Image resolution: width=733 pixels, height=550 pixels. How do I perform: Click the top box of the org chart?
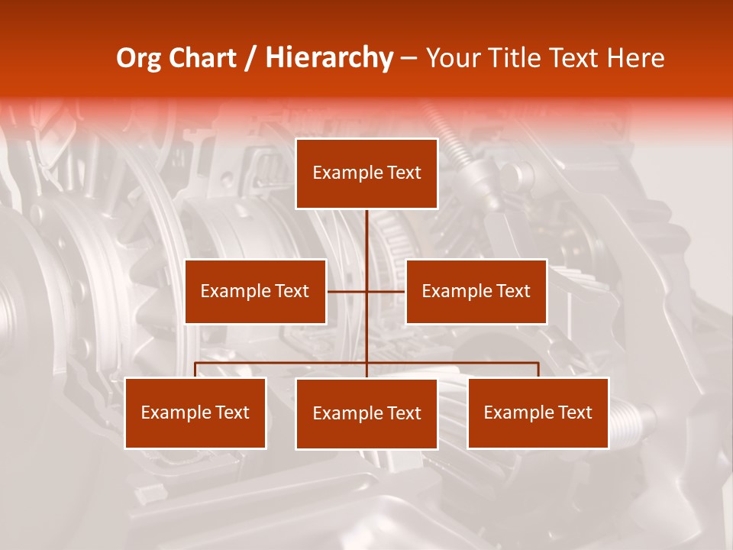click(x=366, y=173)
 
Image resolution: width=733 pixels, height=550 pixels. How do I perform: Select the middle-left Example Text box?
click(x=255, y=291)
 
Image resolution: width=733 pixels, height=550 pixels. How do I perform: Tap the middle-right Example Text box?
click(x=476, y=291)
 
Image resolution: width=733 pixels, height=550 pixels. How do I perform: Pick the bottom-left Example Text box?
click(x=195, y=412)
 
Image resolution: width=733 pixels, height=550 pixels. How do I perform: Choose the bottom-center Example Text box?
click(x=366, y=413)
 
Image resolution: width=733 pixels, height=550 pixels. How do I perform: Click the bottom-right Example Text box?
click(x=538, y=412)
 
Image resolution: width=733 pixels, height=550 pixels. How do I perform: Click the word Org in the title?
click(x=137, y=58)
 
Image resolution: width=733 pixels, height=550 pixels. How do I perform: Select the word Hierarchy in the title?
click(x=328, y=58)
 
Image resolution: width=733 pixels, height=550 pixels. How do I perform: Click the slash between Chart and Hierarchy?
click(x=250, y=59)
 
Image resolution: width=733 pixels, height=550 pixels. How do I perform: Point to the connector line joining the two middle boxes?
click(x=347, y=291)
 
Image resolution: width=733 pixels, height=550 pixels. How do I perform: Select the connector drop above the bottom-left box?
click(x=195, y=370)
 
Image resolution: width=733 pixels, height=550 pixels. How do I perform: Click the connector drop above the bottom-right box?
click(x=538, y=370)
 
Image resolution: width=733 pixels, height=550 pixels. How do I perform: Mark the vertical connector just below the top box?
click(x=366, y=229)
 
